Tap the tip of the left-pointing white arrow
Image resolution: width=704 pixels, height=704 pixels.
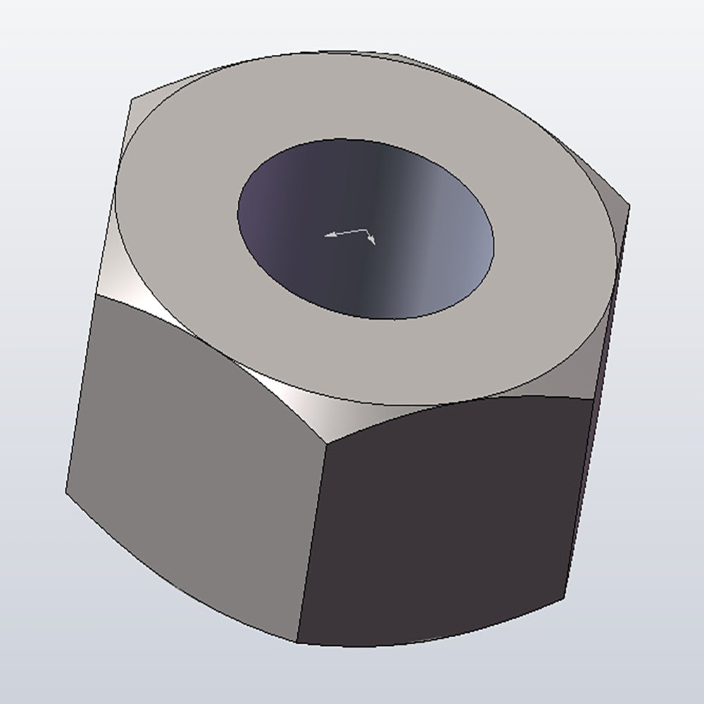(x=325, y=236)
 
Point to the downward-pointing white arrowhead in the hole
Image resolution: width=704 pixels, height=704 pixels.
(x=372, y=241)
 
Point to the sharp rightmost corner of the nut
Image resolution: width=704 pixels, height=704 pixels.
(x=629, y=206)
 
